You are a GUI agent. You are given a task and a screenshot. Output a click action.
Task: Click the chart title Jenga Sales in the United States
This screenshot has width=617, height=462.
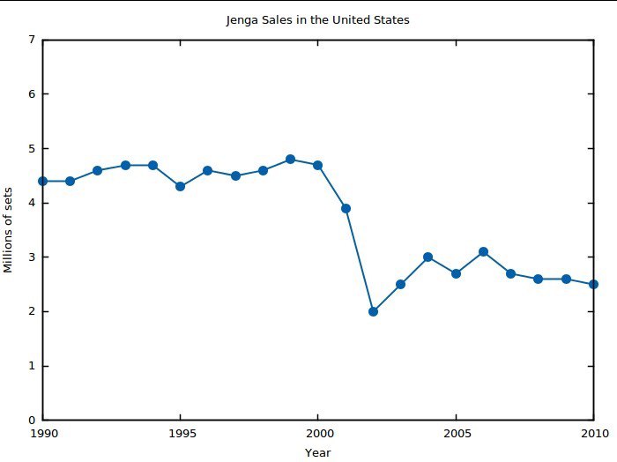pyautogui.click(x=317, y=20)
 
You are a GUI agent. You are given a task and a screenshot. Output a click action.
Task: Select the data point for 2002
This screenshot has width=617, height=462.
pyautogui.click(x=373, y=311)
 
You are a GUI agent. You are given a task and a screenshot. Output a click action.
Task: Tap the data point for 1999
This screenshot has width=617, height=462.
pyautogui.click(x=290, y=160)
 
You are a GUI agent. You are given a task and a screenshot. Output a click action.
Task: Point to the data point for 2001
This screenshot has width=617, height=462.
pyautogui.click(x=346, y=209)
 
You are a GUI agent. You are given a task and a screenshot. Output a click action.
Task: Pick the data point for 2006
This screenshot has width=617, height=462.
pyautogui.click(x=484, y=252)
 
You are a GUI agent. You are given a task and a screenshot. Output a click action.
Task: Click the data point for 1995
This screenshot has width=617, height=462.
pyautogui.click(x=180, y=187)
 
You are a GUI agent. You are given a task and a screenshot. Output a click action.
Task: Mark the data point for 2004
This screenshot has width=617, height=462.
pyautogui.click(x=428, y=257)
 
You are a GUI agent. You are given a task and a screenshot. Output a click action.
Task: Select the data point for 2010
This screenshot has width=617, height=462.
pyautogui.click(x=593, y=284)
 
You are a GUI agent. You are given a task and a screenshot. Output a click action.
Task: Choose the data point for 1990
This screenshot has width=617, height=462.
pyautogui.click(x=42, y=181)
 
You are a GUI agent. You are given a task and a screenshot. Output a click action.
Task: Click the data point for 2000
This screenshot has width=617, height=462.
pyautogui.click(x=317, y=165)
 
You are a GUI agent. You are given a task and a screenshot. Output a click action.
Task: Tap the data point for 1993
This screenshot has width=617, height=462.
pyautogui.click(x=125, y=165)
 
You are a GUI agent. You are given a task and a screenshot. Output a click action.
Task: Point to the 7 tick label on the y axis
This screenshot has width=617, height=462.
pyautogui.click(x=32, y=40)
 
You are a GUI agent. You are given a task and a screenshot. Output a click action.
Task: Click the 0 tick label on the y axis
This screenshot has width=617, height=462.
pyautogui.click(x=32, y=421)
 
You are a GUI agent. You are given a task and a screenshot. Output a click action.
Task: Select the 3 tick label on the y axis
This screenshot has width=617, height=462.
pyautogui.click(x=32, y=257)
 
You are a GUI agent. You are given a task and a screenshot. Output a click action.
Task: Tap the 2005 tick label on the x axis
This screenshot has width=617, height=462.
pyautogui.click(x=457, y=434)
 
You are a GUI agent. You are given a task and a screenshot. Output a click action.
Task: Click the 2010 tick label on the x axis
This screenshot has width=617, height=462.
pyautogui.click(x=595, y=434)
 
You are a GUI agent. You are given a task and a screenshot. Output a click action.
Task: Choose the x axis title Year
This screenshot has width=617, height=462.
pyautogui.click(x=317, y=453)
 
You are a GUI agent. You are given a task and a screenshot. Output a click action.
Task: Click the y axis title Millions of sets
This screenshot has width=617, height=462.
pyautogui.click(x=8, y=230)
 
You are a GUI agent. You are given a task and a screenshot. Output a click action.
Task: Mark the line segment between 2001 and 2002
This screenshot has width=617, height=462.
pyautogui.click(x=360, y=260)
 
